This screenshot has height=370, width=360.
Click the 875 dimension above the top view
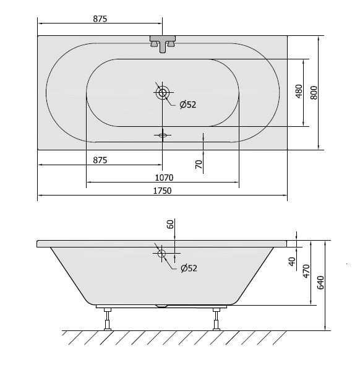[x=100, y=19]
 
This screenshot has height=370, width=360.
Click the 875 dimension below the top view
[x=100, y=160]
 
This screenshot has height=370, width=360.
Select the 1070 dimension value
[x=164, y=178]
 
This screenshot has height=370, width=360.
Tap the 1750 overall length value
[x=163, y=191]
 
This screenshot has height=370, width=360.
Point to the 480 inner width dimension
[x=299, y=92]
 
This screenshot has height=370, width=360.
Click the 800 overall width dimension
[x=314, y=93]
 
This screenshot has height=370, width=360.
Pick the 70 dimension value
[x=199, y=164]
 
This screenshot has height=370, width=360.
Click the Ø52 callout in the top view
[x=188, y=105]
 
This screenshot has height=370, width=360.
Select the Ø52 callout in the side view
[x=189, y=269]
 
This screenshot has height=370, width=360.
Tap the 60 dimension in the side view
[x=170, y=224]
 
